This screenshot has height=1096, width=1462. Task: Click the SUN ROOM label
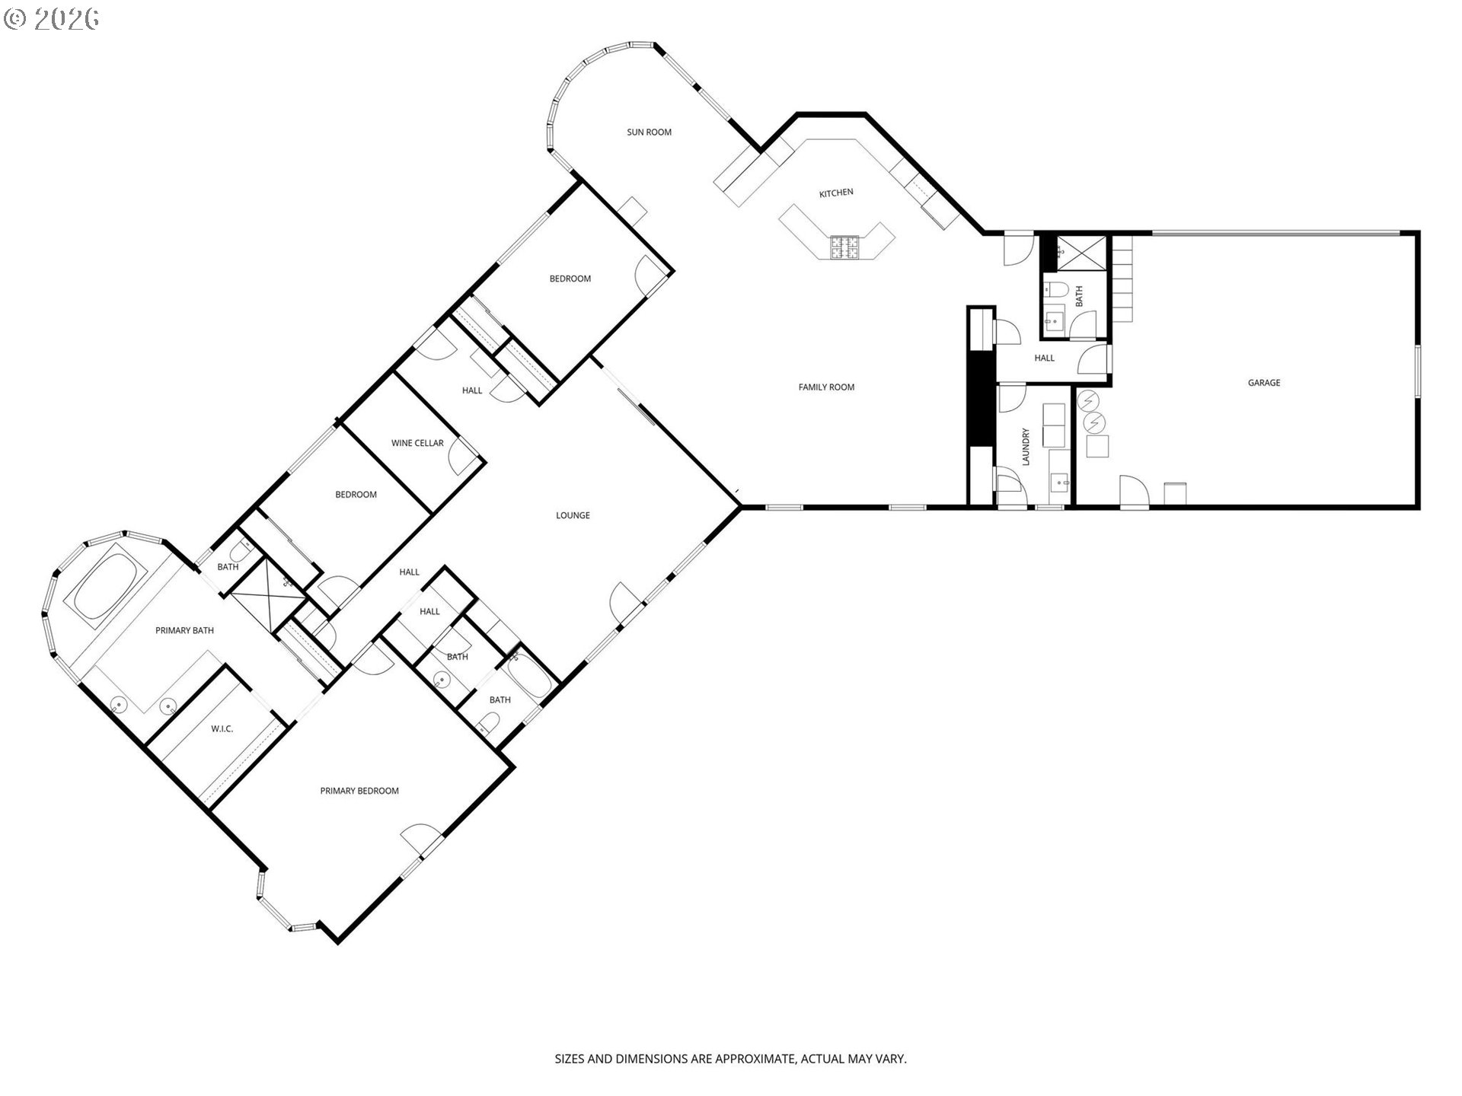pos(649,132)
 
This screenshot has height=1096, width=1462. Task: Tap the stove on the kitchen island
pos(844,246)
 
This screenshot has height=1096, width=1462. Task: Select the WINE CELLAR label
pos(417,443)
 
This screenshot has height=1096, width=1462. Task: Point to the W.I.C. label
pos(222,729)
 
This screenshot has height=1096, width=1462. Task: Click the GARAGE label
pos(1263,383)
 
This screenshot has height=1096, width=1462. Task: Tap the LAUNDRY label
pos(1025,448)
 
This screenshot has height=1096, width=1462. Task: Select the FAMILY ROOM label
pos(826,387)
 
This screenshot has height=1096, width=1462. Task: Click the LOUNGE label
pos(573,515)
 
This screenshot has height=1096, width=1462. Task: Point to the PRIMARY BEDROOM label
pos(359,791)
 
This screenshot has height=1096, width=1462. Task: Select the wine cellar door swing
pos(461,457)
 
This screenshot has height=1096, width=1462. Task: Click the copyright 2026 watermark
pos(51,19)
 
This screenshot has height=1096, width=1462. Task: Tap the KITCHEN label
pos(836,193)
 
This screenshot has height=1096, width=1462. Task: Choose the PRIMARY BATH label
pos(184,630)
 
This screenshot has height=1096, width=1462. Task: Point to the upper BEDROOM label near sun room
pos(570,279)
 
